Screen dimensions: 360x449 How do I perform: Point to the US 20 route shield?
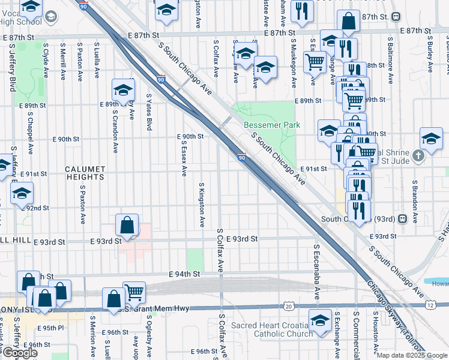pos(289,306)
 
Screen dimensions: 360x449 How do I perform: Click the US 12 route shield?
pos(430,306)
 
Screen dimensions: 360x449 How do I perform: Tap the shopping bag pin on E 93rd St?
pos(127,226)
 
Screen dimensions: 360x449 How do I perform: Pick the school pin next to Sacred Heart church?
pos(320,320)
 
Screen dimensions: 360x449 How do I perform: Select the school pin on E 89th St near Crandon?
pos(123,91)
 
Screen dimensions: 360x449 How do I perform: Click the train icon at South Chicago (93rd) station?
pos(403,219)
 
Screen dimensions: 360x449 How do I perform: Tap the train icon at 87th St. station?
pos(396,16)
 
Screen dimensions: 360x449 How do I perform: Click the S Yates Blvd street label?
pos(149,112)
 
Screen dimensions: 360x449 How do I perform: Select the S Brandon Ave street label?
pos(414,198)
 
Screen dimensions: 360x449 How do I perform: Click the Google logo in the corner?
pos(19,353)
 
